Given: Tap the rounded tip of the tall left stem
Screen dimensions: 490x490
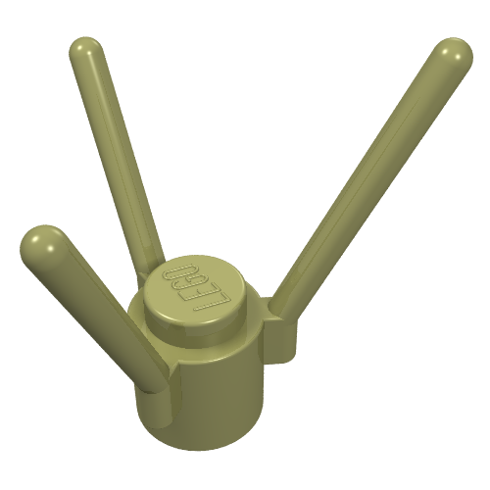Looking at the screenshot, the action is click(86, 52).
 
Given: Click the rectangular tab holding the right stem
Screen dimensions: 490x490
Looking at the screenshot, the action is click(281, 330).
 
